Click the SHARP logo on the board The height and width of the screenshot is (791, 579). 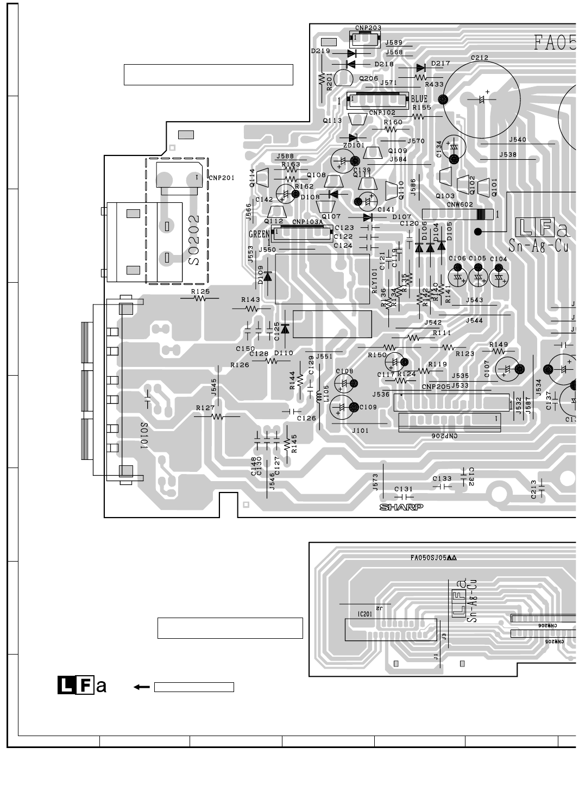[x=401, y=507]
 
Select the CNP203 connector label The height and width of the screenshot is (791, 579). [x=368, y=28]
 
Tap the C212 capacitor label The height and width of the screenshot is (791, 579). [x=479, y=58]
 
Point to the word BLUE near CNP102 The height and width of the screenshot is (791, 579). [x=419, y=99]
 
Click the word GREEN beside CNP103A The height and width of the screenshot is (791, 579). [x=259, y=234]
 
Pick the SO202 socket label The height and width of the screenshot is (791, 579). [x=194, y=240]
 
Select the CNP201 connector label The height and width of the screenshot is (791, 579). [x=222, y=178]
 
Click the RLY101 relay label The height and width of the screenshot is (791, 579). [x=375, y=281]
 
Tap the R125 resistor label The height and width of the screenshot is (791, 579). [x=200, y=292]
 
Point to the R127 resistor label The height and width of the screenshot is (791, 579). [x=205, y=408]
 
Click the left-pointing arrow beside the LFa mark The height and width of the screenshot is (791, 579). [x=142, y=687]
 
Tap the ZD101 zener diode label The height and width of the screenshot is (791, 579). [x=354, y=146]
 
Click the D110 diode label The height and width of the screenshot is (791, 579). [x=284, y=353]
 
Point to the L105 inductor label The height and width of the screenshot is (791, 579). [x=326, y=393]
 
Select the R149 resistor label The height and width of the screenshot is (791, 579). [x=498, y=344]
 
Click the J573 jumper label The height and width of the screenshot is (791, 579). [x=375, y=482]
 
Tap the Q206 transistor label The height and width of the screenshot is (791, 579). [x=368, y=78]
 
